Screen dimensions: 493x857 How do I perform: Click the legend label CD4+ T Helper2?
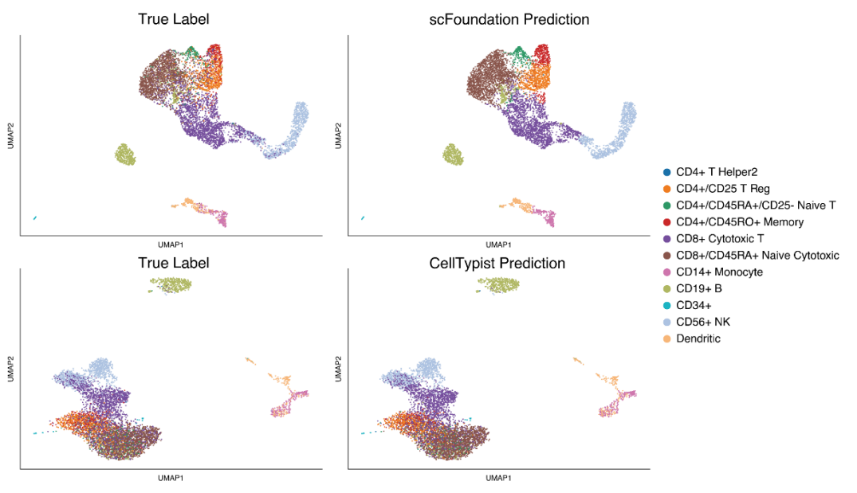(717, 172)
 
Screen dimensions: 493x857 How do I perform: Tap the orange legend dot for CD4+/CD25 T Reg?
(666, 189)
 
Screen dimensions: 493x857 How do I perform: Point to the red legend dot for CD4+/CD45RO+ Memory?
(666, 222)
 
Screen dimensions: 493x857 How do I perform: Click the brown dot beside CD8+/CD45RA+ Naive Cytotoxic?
(666, 256)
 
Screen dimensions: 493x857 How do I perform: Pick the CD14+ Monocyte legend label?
(719, 272)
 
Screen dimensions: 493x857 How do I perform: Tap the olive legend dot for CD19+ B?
(666, 289)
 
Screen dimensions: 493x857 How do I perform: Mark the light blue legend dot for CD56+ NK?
(666, 323)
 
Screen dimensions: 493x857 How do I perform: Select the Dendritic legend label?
(698, 339)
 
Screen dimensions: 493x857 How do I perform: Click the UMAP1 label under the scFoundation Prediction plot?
(497, 245)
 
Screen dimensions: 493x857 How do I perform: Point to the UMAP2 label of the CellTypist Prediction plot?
(338, 369)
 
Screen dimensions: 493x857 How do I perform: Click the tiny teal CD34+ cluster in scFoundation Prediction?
(363, 217)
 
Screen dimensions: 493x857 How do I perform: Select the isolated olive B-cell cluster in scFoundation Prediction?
(454, 155)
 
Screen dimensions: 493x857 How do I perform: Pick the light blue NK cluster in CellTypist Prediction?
(430, 367)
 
